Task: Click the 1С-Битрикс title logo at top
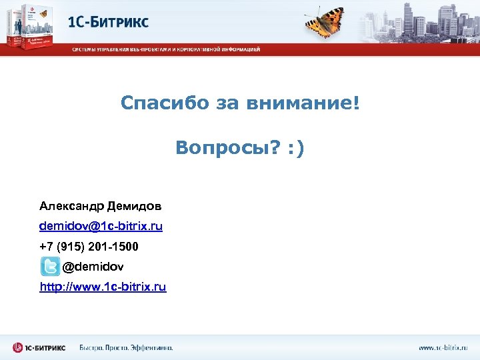click(108, 22)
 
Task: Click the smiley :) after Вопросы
click(296, 148)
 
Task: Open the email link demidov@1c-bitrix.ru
click(101, 226)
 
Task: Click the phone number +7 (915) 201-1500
click(89, 247)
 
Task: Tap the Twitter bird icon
click(50, 267)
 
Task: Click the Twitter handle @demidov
click(93, 267)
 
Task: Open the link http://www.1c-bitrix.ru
click(103, 287)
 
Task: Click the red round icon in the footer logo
click(19, 347)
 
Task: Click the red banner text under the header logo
click(166, 49)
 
